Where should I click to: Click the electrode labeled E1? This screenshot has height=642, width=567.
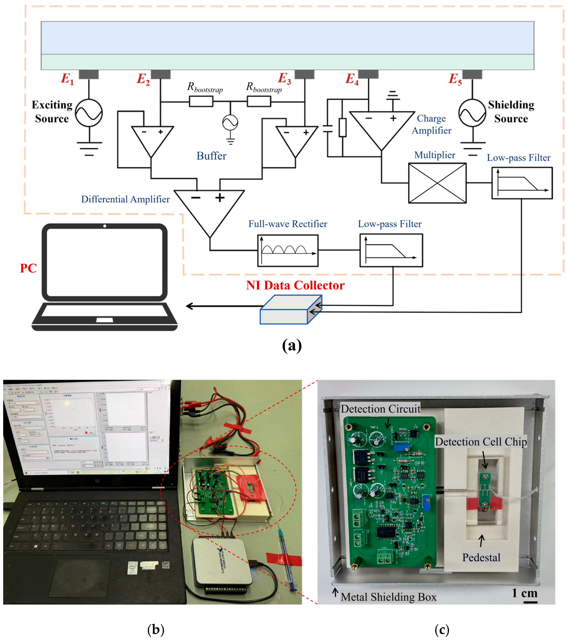pyautogui.click(x=89, y=74)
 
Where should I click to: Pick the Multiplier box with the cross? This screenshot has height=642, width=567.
pyautogui.click(x=437, y=183)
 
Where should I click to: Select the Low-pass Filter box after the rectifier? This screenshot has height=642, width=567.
pyautogui.click(x=391, y=251)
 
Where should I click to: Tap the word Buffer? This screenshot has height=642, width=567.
pyautogui.click(x=211, y=156)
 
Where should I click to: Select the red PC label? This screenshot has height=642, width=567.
pyautogui.click(x=28, y=268)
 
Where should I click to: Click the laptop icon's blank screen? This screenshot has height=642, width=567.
pyautogui.click(x=105, y=261)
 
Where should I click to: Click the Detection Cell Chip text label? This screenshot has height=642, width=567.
pyautogui.click(x=481, y=442)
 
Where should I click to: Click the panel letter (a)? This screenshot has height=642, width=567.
pyautogui.click(x=292, y=345)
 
